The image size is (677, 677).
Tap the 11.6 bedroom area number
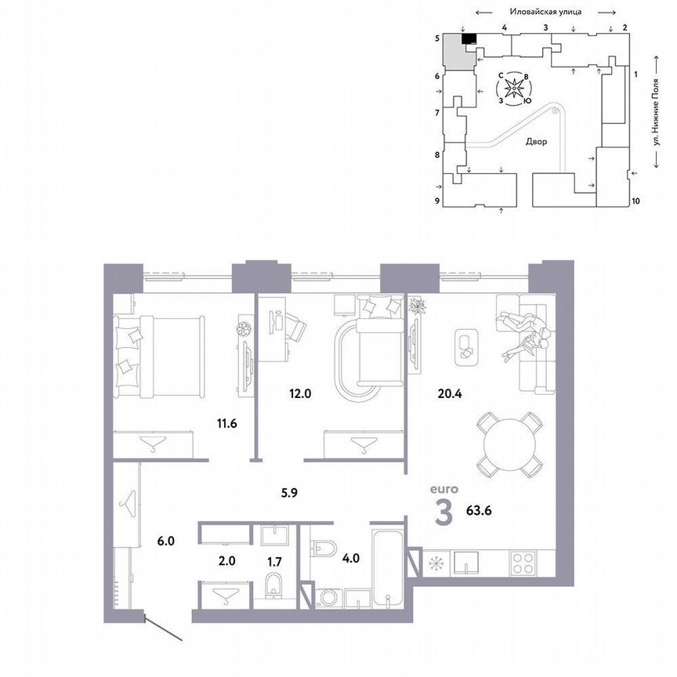(228, 424)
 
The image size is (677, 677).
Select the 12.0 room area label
(300, 394)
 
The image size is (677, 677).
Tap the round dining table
(510, 445)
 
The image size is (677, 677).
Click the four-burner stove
(523, 563)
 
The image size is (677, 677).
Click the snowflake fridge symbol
(433, 563)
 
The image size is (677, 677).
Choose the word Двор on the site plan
(537, 142)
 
